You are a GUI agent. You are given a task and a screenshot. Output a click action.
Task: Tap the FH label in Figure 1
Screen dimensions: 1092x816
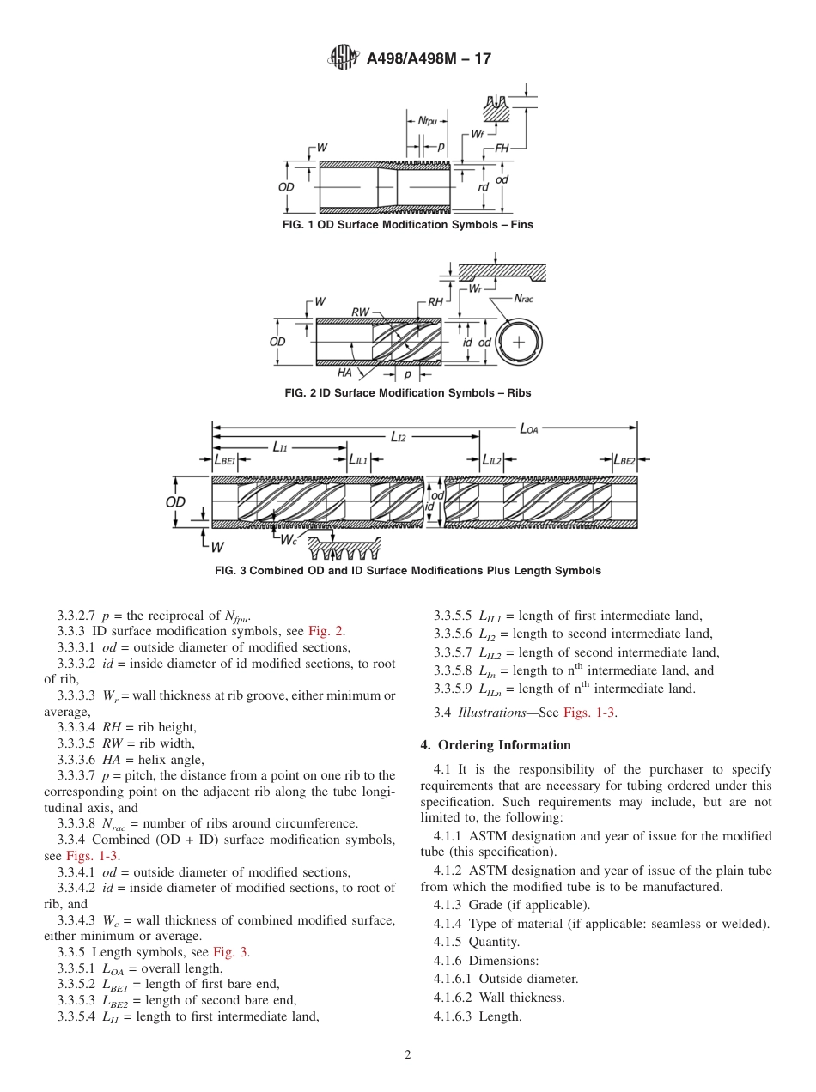502,148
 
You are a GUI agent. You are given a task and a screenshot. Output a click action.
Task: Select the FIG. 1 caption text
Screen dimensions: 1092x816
407,225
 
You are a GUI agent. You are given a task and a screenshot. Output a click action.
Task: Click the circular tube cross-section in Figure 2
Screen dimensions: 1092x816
519,342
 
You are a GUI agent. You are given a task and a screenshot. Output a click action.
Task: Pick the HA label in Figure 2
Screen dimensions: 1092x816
345,373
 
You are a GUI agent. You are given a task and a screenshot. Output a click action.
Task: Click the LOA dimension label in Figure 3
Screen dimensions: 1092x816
531,427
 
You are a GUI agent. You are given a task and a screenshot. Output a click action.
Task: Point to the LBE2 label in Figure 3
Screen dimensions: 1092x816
624,461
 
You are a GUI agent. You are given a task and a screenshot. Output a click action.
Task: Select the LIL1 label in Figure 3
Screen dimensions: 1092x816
358,461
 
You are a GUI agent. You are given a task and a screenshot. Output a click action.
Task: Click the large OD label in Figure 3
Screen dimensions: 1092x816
175,502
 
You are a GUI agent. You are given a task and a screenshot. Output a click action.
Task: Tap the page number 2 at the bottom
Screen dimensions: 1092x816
408,1055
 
